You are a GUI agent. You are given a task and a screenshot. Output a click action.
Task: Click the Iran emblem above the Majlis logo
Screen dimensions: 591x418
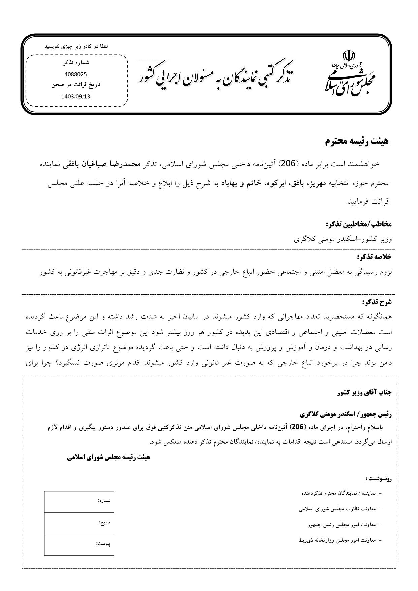pos(349,55)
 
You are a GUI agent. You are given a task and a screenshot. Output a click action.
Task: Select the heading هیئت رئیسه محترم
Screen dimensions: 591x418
pos(357,141)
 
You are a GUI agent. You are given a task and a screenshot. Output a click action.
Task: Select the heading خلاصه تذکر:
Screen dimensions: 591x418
pos(374,257)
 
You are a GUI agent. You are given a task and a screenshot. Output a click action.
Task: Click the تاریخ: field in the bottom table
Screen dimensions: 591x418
pos(79,523)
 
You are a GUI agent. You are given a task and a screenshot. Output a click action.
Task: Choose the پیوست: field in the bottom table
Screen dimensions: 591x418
pos(79,544)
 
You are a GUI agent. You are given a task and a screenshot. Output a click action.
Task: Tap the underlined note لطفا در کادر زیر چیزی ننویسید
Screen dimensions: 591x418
pos(76,46)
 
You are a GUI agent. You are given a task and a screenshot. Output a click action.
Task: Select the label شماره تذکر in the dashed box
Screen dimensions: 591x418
pos(76,63)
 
